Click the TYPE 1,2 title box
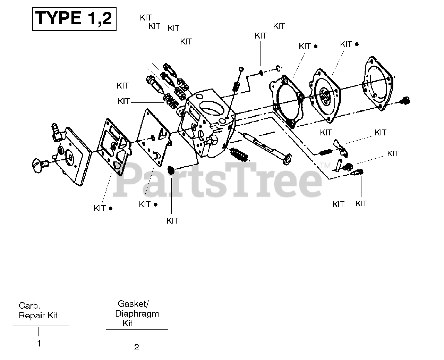74,19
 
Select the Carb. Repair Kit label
38,311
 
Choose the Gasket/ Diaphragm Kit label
137,313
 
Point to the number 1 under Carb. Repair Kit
39,344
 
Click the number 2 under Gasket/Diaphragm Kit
137,348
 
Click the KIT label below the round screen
172,221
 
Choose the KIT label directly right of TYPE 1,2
146,18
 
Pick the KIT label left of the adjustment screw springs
124,101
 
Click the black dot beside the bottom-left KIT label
111,209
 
